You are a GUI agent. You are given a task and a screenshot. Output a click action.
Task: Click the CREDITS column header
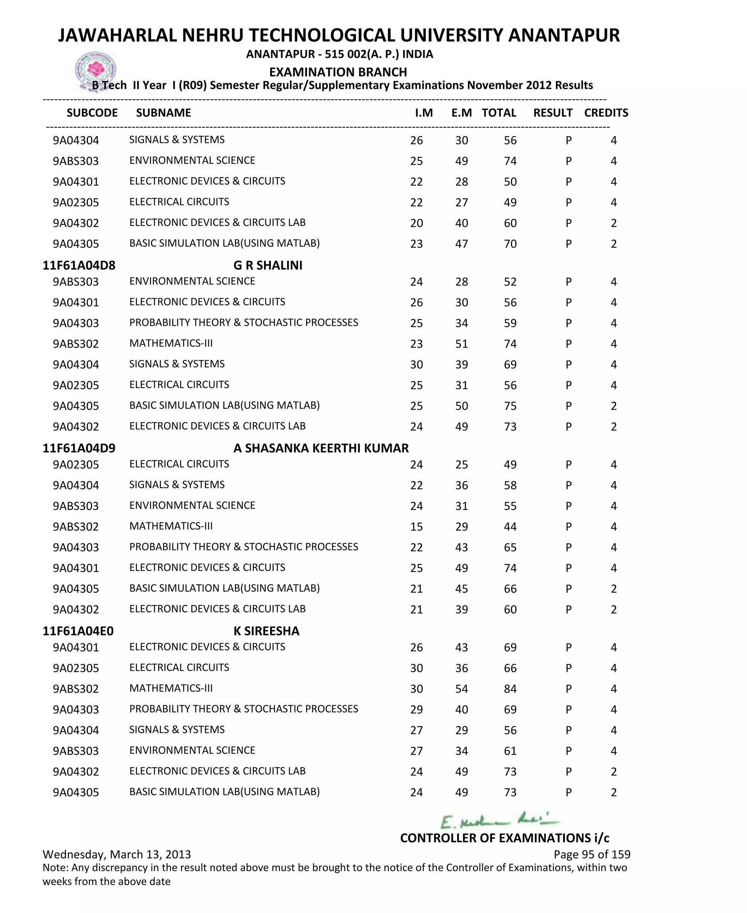point(606,113)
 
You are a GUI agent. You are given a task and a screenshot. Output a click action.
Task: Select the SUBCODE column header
point(92,113)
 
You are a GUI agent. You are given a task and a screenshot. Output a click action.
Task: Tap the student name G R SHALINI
point(268,266)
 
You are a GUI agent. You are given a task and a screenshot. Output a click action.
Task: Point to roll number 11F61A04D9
point(79,448)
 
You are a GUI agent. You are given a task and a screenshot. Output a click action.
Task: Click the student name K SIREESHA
point(266,631)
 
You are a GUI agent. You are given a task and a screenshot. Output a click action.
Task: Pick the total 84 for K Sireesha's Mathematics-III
point(510,689)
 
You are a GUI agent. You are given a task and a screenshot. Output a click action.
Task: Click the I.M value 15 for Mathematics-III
point(417,527)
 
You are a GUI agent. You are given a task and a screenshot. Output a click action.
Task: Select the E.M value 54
point(462,689)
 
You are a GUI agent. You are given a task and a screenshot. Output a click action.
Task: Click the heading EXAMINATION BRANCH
point(338,72)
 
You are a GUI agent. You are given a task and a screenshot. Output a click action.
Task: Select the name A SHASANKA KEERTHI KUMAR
point(321,448)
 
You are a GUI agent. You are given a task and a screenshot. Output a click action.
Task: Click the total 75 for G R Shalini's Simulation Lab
point(510,406)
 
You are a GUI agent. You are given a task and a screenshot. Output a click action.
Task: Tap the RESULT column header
point(553,113)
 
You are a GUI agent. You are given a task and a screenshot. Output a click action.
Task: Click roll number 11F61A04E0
point(78,631)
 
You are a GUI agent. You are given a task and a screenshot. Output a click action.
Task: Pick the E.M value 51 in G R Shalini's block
point(462,344)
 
